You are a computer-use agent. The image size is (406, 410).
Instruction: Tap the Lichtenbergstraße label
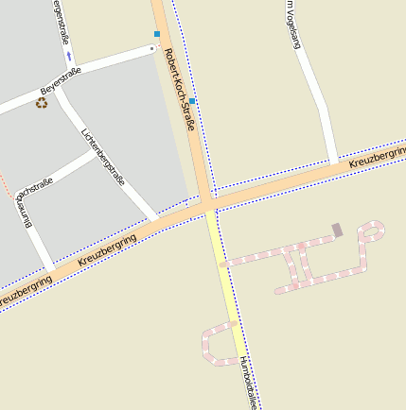104,156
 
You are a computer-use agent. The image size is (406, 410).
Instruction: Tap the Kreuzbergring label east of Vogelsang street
376,157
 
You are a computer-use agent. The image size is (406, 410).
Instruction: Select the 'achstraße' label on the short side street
35,187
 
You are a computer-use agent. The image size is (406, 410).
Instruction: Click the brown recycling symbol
42,102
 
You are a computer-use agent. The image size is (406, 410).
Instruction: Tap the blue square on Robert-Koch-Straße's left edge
157,34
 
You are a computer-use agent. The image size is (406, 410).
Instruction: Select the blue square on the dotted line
192,101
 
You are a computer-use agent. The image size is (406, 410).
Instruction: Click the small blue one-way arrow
69,55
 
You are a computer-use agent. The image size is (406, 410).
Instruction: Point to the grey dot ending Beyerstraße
153,47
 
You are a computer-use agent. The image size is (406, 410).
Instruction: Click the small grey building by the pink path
337,230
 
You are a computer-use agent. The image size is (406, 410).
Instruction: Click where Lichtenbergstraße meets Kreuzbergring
153,222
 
